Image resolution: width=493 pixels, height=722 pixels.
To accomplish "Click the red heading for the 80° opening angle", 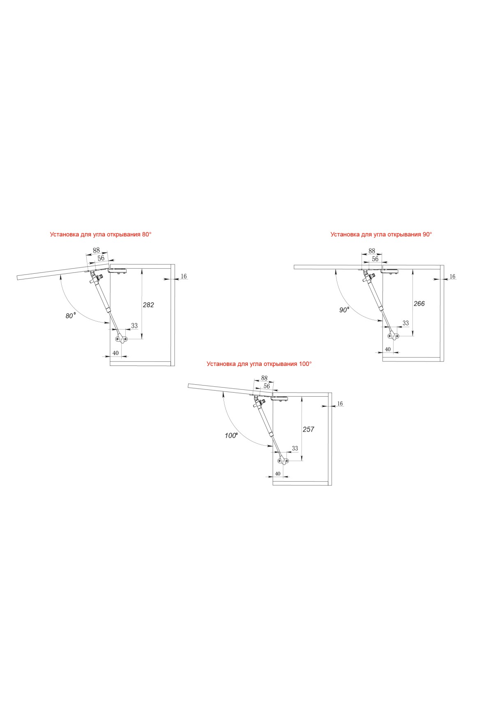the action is coord(101,234).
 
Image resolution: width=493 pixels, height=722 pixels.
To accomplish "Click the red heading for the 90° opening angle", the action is coord(381,234).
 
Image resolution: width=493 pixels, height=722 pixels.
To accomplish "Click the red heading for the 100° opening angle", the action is coord(259,363).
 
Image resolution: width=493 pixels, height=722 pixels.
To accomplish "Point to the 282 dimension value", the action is coord(148,305).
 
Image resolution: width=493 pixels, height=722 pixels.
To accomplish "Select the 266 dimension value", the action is coord(419,304).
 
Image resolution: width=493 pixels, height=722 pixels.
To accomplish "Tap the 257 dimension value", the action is coord(308,429).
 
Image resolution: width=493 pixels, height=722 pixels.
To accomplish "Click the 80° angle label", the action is coord(71,316).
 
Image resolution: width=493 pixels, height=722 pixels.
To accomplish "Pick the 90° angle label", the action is coord(344,310).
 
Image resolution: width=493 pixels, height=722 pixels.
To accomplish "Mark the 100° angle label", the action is coord(231,435).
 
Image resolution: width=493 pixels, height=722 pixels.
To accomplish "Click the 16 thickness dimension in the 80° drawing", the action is coord(184,276).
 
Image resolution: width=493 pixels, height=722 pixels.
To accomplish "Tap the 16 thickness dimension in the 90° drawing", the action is coord(452,276).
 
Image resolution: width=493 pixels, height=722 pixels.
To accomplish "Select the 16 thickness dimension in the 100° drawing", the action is coord(340,404).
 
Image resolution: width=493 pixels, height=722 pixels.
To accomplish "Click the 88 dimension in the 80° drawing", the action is coord(96,250).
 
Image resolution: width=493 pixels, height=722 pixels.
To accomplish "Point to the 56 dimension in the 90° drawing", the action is coord(375,259).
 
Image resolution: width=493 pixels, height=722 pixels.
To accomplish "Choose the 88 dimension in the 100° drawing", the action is coord(264,378).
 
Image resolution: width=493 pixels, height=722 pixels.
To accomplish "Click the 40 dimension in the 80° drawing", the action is coord(115,353).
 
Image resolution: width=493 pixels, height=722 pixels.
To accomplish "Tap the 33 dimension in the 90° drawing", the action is coord(405,323).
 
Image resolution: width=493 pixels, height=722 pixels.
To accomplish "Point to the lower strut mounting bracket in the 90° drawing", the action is coord(394,336).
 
